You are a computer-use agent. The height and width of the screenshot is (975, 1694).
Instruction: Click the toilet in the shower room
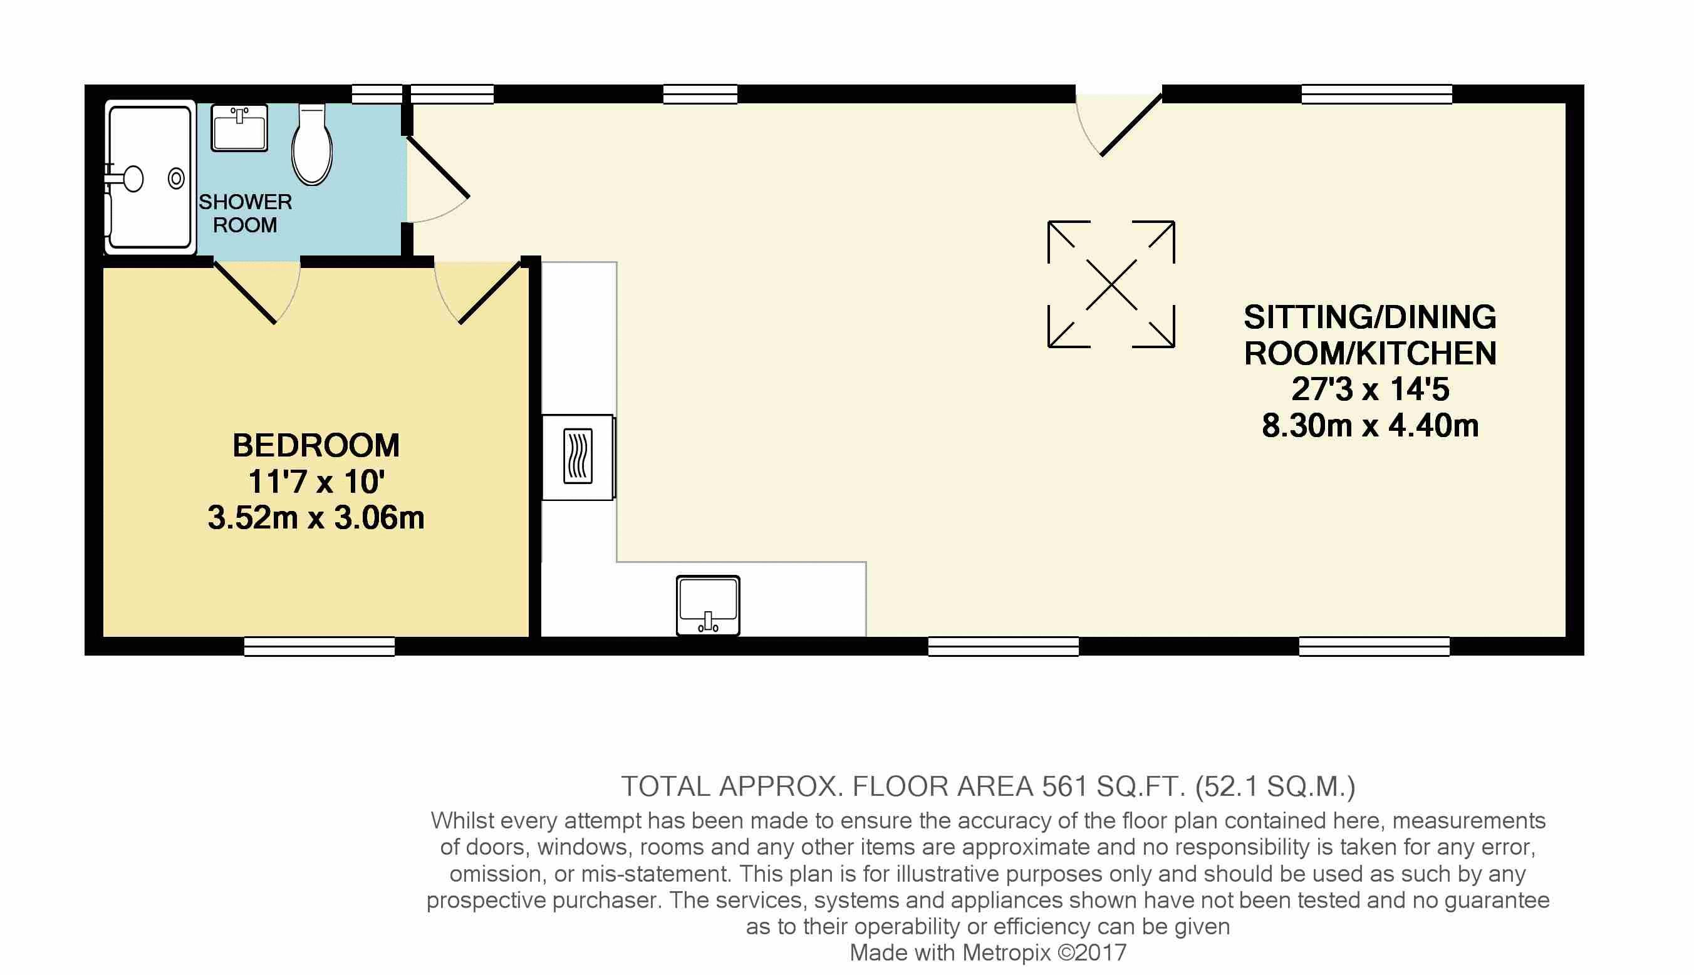click(312, 144)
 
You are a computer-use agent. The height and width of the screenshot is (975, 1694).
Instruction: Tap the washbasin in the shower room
click(239, 127)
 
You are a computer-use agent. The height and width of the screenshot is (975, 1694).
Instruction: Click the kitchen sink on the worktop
click(708, 606)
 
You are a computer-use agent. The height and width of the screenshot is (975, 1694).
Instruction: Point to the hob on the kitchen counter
click(578, 457)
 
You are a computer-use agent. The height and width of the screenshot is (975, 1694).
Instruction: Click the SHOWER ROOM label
click(245, 213)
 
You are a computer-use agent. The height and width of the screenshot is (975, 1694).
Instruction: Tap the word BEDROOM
click(316, 445)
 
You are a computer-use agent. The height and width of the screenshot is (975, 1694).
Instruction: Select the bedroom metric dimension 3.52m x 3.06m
click(316, 518)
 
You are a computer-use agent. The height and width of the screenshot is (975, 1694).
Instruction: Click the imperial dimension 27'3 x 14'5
click(1371, 389)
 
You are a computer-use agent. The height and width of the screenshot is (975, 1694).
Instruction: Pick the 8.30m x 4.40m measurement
click(1371, 426)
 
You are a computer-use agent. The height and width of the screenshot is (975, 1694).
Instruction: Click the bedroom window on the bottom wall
click(320, 646)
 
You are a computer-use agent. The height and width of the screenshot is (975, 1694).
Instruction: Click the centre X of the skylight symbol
click(1111, 284)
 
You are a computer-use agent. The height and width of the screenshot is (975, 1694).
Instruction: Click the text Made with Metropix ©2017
click(988, 952)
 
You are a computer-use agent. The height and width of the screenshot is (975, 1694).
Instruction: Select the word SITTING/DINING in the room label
click(1371, 317)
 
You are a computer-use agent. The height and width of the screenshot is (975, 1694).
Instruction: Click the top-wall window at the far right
click(1377, 95)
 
